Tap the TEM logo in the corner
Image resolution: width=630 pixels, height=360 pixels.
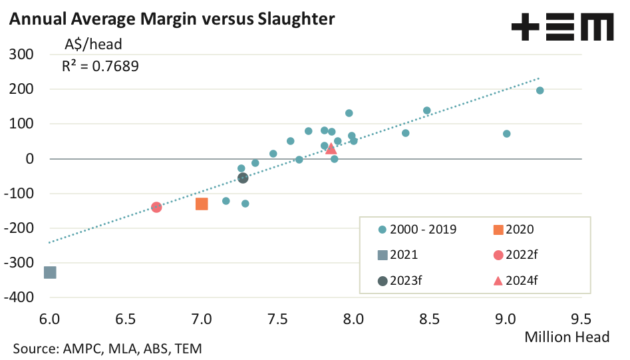coord(562,29)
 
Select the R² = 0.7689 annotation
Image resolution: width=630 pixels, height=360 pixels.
coord(100,66)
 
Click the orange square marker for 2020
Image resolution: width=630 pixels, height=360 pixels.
coord(202,204)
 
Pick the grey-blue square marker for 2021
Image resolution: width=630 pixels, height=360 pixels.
coord(50,272)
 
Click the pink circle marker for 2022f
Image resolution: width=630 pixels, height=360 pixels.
coord(156,207)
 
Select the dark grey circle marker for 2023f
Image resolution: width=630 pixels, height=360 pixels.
coord(243,178)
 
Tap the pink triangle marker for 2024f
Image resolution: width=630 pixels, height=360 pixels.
coord(331,148)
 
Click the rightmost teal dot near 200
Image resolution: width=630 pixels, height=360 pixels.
coord(540,90)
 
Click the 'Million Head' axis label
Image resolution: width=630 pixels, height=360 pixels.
coord(567,337)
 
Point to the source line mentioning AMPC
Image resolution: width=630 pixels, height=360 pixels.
coord(106,348)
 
